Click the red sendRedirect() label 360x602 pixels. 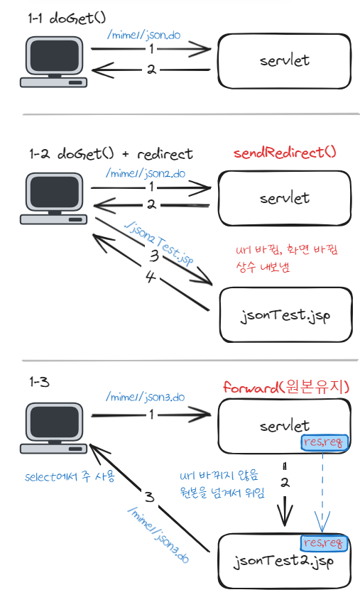(x=285, y=153)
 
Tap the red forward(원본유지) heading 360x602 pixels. (x=286, y=387)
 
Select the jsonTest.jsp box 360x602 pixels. (x=285, y=314)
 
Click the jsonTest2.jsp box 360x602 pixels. (x=284, y=561)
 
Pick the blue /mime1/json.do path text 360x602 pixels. (x=143, y=35)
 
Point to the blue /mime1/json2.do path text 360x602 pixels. (x=146, y=173)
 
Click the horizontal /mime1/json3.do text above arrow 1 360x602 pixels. (x=146, y=397)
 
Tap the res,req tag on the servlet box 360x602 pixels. (x=324, y=442)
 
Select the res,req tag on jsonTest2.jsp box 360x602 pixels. (x=324, y=543)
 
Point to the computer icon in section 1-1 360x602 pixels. (x=53, y=62)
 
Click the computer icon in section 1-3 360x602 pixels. (x=53, y=427)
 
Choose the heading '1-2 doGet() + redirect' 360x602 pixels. (x=111, y=154)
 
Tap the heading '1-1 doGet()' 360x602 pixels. (x=67, y=18)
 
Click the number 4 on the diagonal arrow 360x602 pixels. (x=151, y=276)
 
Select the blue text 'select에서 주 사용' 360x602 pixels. (x=70, y=476)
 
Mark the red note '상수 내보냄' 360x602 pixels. (x=263, y=266)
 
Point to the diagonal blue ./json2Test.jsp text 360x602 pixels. (x=159, y=244)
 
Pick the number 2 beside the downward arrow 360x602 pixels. (x=285, y=483)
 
